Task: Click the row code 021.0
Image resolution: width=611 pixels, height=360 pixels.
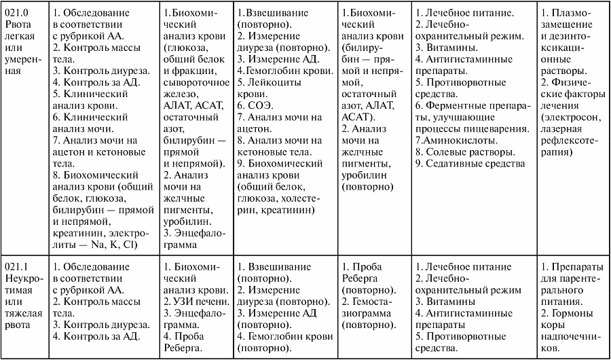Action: click(x=16, y=13)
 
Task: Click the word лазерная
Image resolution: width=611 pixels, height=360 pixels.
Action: click(x=562, y=129)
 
